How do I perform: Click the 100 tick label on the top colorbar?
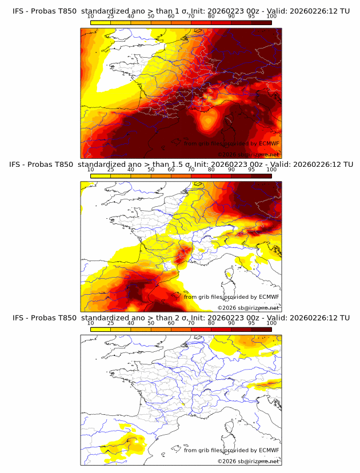[x=271, y=16]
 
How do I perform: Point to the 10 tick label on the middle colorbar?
[x=91, y=170]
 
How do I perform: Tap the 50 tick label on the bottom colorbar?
[x=151, y=323]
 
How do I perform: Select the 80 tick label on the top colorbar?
[x=211, y=16]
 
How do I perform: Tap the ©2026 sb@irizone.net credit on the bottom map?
[x=248, y=461]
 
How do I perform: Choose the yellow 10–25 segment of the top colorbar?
[x=101, y=22]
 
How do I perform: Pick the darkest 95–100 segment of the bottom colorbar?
[x=261, y=328]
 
